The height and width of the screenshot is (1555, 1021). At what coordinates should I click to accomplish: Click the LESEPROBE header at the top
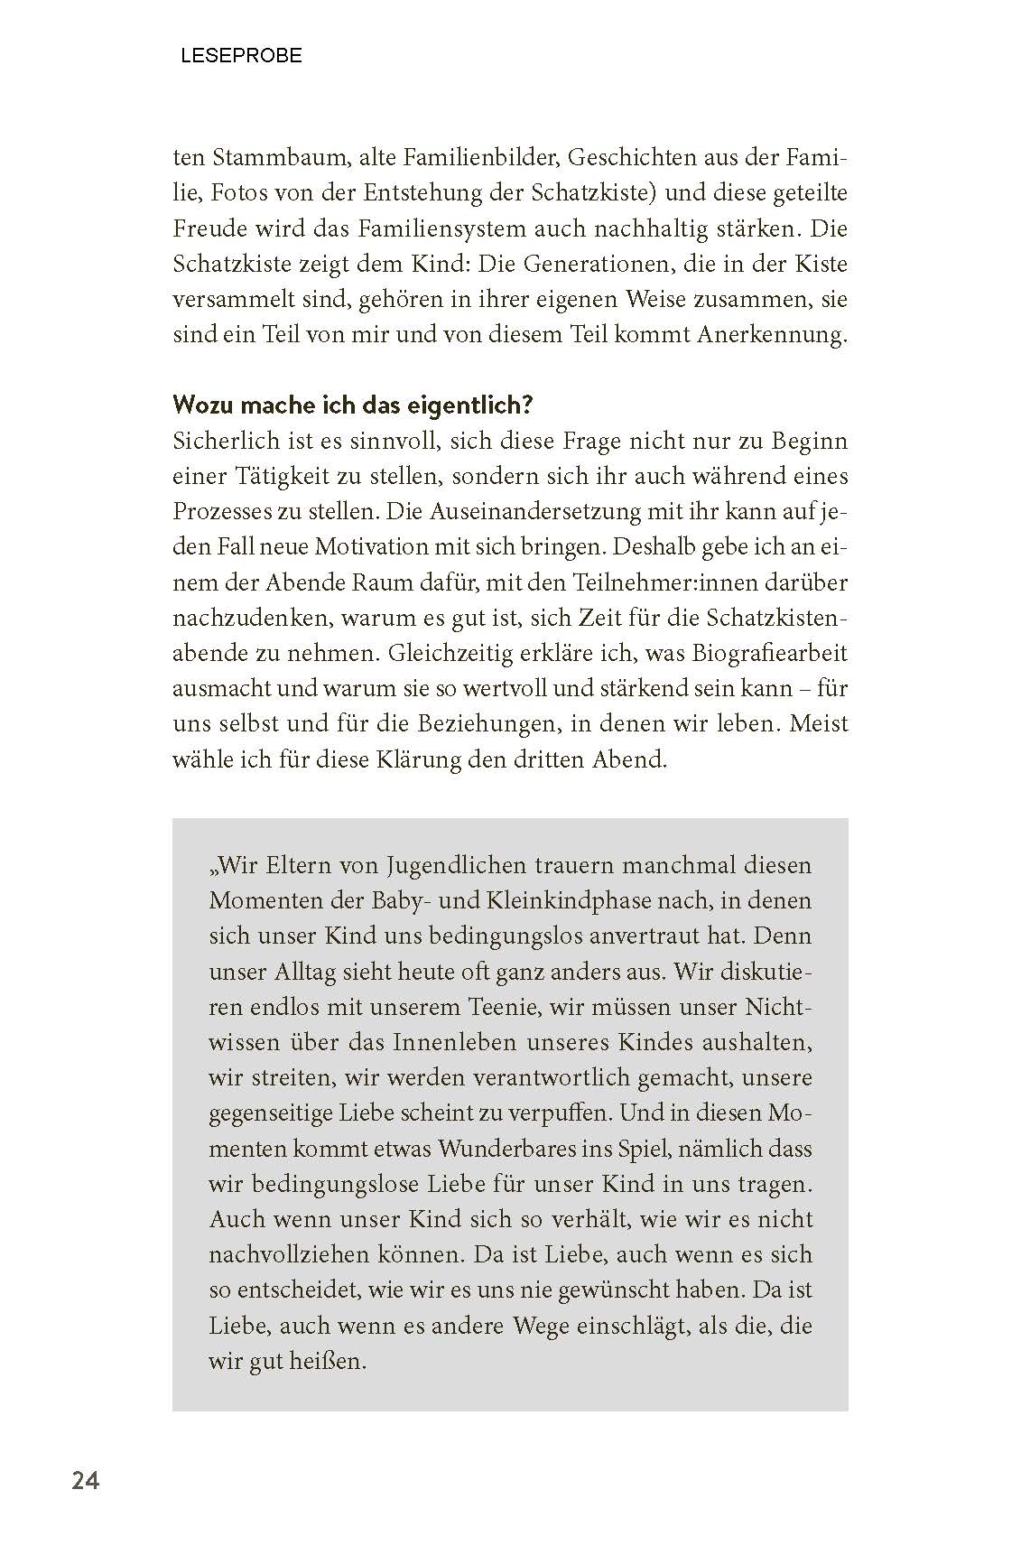click(241, 56)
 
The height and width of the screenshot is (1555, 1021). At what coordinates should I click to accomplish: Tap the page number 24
click(85, 1481)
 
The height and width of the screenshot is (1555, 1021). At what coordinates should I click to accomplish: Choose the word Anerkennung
click(772, 335)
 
